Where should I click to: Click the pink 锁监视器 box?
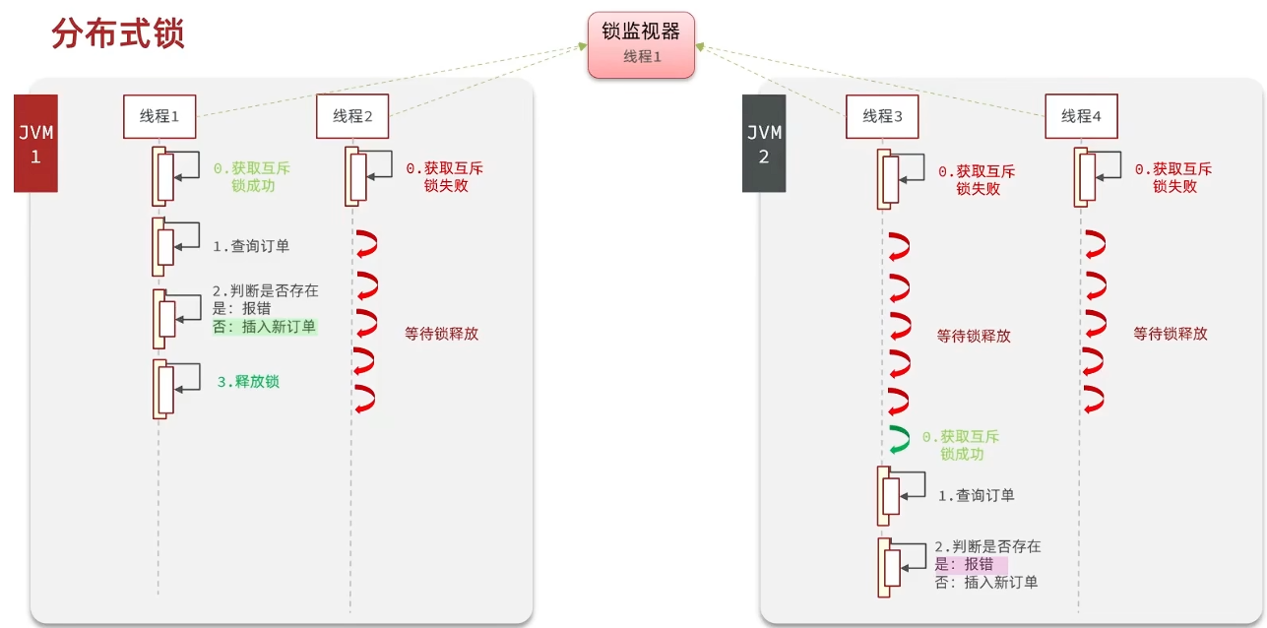pos(641,44)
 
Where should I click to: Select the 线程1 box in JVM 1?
pos(159,116)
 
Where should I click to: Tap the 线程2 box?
pos(352,116)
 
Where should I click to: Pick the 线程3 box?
pos(882,116)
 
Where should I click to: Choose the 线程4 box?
pos(1081,116)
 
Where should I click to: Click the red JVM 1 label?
pos(35,143)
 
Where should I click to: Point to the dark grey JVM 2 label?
pos(764,143)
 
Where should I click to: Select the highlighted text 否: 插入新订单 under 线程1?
pos(265,327)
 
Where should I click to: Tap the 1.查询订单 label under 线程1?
pos(251,246)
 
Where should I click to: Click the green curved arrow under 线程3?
pos(898,439)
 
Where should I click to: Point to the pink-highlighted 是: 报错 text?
pos(971,564)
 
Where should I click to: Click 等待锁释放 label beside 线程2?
pos(442,334)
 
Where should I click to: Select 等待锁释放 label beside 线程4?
pos(1171,334)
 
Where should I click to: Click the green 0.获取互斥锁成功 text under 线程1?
pos(252,177)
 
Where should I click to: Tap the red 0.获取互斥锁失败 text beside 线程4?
pos(1173,177)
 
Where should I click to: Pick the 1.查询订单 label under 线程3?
pos(976,496)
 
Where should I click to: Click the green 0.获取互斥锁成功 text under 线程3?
pos(961,445)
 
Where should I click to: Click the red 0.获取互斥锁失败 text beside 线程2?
pos(445,177)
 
